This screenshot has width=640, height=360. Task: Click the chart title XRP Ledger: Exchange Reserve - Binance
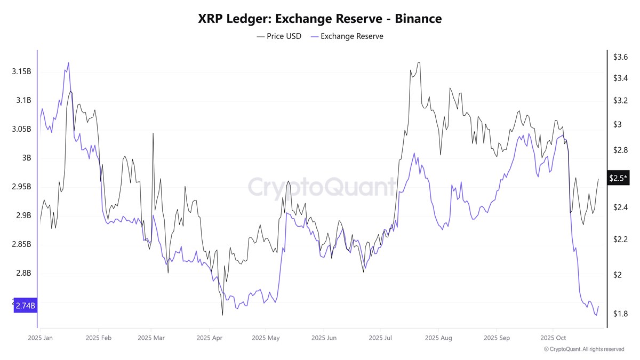click(319, 19)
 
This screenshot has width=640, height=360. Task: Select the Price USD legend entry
click(279, 36)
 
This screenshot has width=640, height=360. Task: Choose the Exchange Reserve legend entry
click(347, 36)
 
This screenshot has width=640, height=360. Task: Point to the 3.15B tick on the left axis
click(21, 71)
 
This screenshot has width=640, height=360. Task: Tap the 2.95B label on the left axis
click(21, 187)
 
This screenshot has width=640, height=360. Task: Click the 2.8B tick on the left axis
click(23, 273)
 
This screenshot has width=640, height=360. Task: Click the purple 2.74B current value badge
click(25, 306)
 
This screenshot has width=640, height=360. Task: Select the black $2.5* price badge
click(619, 178)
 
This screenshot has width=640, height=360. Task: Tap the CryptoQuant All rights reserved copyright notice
click(583, 349)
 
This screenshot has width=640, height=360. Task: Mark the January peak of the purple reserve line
click(68, 62)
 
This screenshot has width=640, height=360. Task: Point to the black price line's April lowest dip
click(222, 315)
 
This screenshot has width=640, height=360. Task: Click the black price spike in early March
click(153, 133)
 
